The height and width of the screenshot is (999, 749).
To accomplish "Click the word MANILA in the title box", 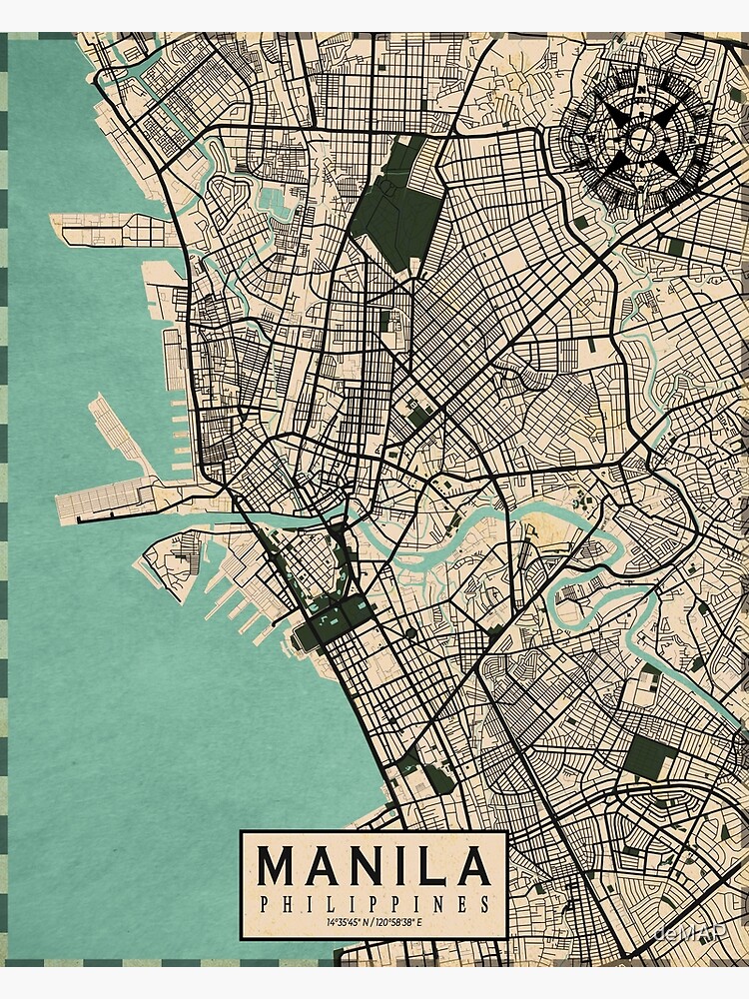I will click(x=374, y=867).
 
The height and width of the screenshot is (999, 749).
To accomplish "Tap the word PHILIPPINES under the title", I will click(x=374, y=904).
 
